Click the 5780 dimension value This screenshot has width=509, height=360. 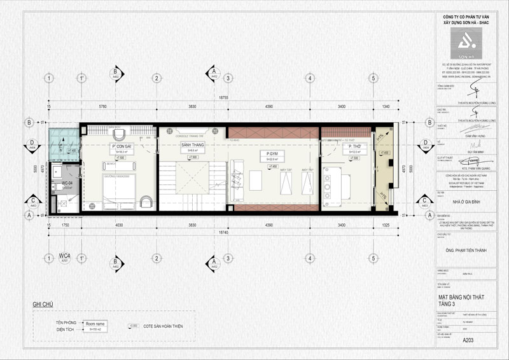(x=102, y=106)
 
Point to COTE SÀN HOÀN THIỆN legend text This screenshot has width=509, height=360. (x=163, y=326)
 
